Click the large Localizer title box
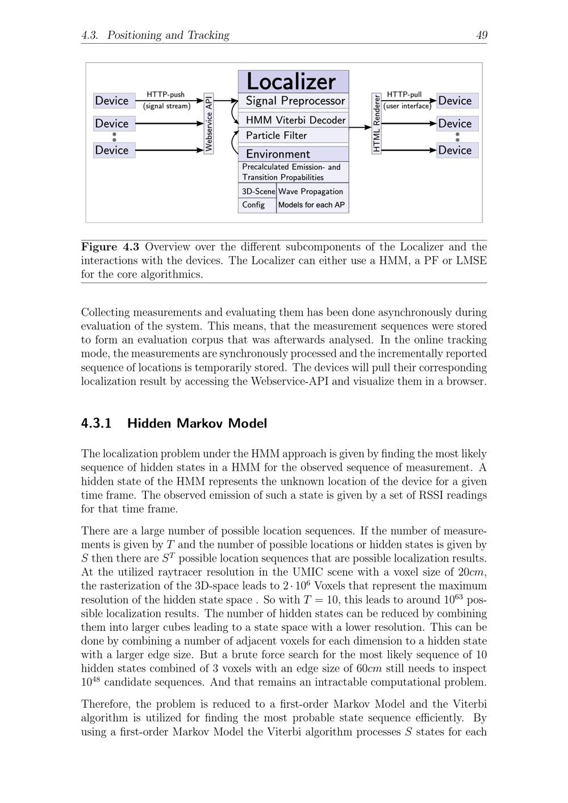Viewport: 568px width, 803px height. point(293,82)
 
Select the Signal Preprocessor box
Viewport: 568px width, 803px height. point(293,101)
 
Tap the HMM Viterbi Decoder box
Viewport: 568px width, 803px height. point(293,120)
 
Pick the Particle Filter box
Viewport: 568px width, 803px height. point(293,135)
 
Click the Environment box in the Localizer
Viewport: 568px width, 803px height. point(293,154)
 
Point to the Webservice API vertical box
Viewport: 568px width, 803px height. point(208,124)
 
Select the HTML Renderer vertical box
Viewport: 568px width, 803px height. point(376,124)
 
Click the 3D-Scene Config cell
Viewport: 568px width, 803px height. point(257,198)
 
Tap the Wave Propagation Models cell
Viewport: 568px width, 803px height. point(312,198)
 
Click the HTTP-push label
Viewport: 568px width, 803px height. point(165,95)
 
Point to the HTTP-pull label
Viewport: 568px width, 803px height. point(404,95)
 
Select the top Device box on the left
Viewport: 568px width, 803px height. point(114,101)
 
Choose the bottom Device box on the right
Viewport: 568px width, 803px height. point(457,150)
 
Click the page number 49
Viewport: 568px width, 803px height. point(481,35)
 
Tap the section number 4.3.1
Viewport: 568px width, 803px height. point(96,424)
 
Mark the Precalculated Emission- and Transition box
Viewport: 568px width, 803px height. point(293,172)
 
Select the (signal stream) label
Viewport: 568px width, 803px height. point(166,106)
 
